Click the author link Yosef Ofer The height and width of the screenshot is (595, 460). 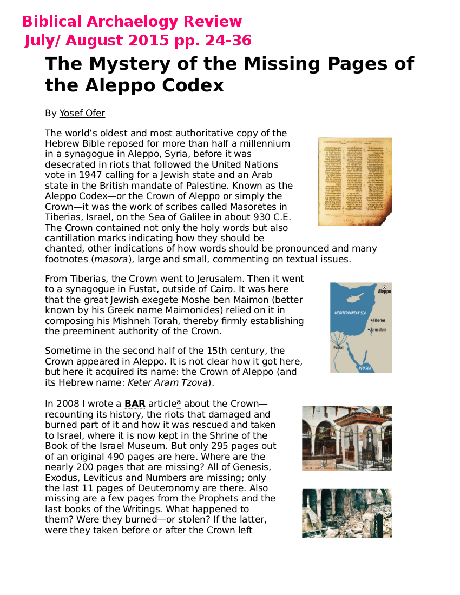tap(82, 114)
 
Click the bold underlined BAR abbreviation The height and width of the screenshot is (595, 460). tap(135, 404)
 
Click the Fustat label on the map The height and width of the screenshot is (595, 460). tap(337, 348)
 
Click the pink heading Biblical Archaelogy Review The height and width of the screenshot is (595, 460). tap(132, 22)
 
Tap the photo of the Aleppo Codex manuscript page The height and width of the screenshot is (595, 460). tap(354, 181)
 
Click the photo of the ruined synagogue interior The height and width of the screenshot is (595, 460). tap(347, 513)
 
